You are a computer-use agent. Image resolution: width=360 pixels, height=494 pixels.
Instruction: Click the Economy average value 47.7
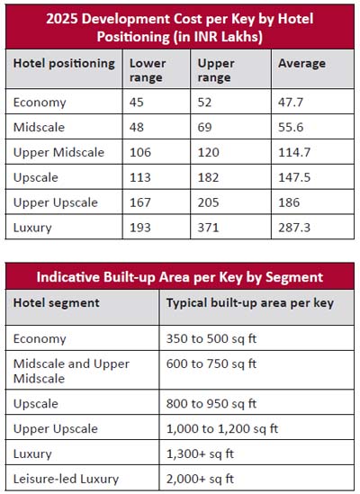291,102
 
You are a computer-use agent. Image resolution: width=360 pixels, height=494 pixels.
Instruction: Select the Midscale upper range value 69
204,127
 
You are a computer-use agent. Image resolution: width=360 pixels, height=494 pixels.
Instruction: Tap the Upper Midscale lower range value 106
140,152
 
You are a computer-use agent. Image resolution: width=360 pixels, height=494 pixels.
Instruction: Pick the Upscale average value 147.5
294,177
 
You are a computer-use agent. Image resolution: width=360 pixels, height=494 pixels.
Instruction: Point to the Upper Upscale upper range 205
208,202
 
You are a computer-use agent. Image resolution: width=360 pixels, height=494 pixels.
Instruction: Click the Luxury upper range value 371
208,227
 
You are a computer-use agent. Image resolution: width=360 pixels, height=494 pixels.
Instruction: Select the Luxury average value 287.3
294,227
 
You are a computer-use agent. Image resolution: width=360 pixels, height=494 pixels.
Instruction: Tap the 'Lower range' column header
148,70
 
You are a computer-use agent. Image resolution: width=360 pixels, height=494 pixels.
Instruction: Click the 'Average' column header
301,63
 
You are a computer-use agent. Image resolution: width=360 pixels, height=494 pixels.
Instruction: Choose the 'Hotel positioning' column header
64,63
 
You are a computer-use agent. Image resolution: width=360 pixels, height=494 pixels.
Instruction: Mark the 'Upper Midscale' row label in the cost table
58,152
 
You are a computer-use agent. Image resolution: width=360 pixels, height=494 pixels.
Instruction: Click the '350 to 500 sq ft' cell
211,338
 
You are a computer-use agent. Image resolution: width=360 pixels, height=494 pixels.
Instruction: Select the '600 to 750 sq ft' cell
211,364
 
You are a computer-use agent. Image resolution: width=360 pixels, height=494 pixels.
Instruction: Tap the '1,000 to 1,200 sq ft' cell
222,428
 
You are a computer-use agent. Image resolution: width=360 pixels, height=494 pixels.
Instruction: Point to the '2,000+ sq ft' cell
200,479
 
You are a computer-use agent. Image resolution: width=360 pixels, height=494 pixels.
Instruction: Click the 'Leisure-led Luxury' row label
66,479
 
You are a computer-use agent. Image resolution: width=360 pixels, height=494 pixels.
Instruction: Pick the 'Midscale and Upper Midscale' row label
71,371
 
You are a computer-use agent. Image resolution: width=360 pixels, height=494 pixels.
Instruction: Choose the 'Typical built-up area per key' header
250,303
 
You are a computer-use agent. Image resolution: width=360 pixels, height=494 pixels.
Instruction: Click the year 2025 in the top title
62,19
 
